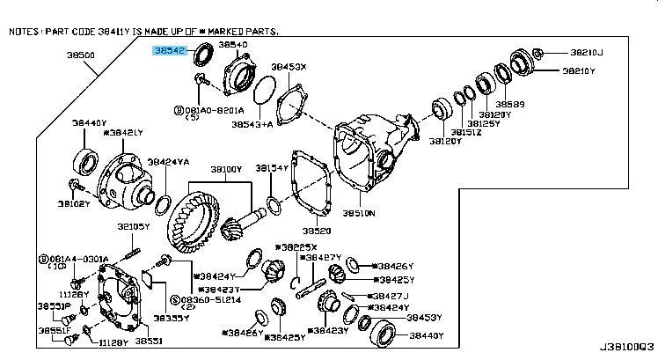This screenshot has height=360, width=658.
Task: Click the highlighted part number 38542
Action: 169,52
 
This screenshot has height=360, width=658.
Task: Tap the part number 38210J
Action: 585,52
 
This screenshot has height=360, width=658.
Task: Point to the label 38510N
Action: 359,213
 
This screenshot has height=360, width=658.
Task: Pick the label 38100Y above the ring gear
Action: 225,169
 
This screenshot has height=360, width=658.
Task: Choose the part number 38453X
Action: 288,67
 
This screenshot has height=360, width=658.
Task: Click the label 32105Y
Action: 135,227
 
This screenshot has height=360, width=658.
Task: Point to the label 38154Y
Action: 273,167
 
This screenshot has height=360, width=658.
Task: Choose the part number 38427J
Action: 391,296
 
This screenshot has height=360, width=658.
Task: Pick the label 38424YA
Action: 168,162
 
